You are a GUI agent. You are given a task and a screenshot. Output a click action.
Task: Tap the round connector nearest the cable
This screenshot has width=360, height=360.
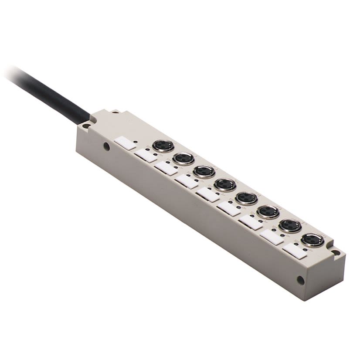tap(163, 146)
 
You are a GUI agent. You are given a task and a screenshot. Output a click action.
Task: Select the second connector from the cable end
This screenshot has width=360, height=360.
tap(183, 158)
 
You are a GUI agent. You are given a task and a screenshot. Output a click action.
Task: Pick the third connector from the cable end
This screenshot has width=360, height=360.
tap(204, 171)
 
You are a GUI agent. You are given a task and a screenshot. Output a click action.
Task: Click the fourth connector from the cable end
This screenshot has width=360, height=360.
tap(225, 185)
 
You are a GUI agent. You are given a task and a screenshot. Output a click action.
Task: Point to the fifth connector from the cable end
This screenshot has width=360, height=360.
tap(246, 198)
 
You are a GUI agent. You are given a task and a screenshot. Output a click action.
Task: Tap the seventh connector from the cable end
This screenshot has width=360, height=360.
tap(290, 225)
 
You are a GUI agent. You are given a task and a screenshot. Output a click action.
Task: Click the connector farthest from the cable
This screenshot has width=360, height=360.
tap(312, 240)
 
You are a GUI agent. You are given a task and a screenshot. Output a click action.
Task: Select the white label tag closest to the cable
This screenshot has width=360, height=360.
tap(125, 143)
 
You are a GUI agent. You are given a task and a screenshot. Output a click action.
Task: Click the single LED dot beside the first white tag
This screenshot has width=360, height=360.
tap(136, 142)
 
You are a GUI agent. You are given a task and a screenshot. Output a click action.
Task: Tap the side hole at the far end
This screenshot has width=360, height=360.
tap(300, 280)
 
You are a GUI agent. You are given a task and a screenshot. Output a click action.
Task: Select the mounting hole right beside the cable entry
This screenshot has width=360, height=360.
tap(85, 126)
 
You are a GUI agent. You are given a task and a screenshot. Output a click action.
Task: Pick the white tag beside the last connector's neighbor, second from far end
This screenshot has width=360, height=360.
tap(272, 237)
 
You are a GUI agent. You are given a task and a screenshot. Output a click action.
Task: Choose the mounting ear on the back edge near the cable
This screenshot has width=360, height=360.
tap(116, 113)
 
